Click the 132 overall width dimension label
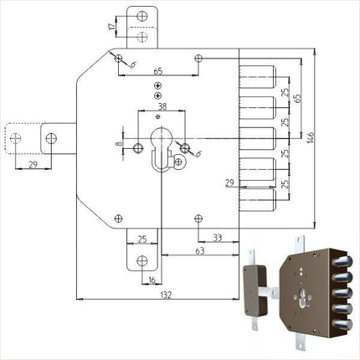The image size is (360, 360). (x=166, y=295)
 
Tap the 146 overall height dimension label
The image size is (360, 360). (x=311, y=138)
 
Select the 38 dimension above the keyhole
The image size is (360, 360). (x=162, y=106)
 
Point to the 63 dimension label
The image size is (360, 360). (x=200, y=250)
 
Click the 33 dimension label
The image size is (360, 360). (x=218, y=238)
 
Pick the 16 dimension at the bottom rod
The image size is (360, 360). (x=152, y=280)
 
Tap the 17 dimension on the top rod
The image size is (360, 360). (x=112, y=27)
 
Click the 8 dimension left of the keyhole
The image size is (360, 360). (x=119, y=143)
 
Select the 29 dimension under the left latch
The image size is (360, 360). (x=33, y=164)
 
